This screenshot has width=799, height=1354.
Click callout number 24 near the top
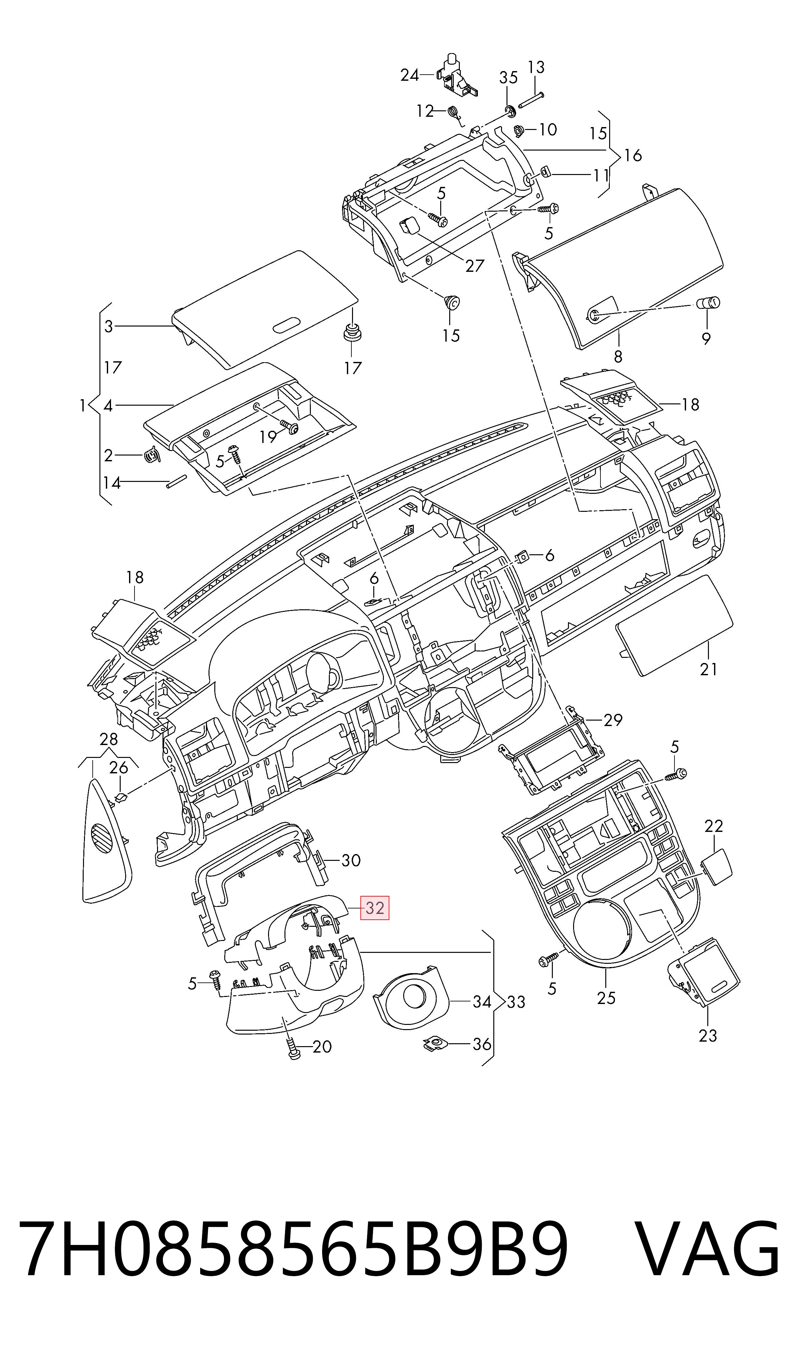(410, 75)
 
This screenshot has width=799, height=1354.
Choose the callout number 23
(708, 1036)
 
